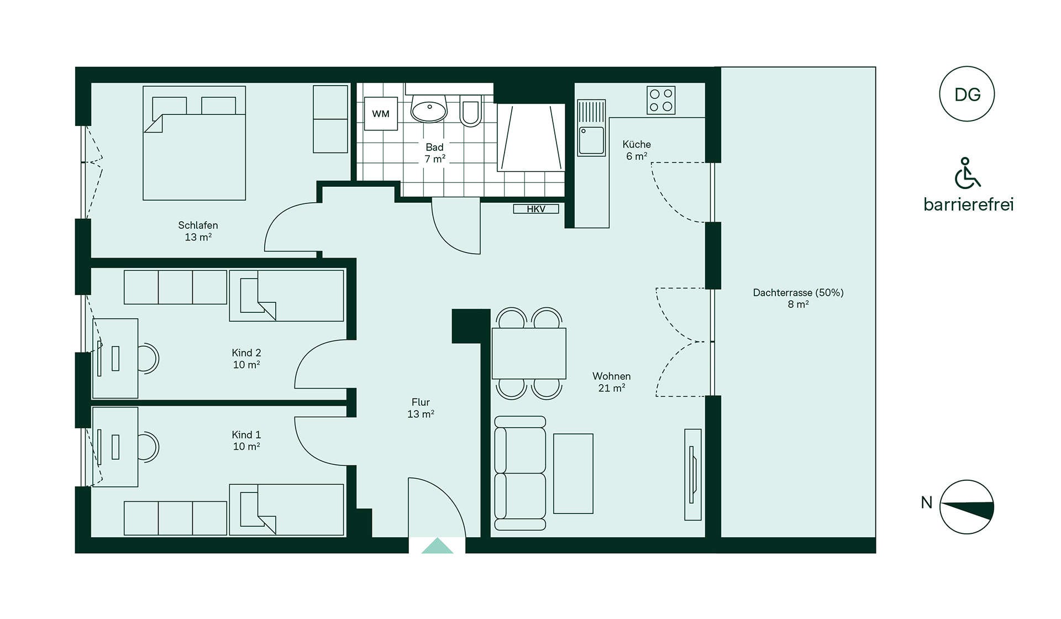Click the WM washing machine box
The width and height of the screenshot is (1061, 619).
click(x=381, y=113)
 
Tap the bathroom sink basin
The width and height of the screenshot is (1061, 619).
click(x=429, y=108)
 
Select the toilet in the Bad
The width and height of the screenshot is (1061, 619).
click(x=470, y=111)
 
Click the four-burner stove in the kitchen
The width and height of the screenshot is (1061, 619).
click(x=661, y=101)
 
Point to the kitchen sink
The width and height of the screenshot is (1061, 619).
click(x=591, y=140)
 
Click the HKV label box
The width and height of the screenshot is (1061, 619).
click(x=536, y=209)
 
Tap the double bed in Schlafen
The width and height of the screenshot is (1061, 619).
click(x=194, y=143)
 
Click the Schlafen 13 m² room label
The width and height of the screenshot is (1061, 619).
click(x=198, y=231)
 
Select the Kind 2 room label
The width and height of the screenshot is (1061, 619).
click(x=246, y=359)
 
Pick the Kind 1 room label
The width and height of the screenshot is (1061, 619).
click(x=246, y=440)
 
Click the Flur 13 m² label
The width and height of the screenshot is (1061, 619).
click(x=421, y=408)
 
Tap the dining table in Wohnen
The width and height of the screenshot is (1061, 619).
click(x=529, y=353)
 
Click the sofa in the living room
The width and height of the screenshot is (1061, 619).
click(x=520, y=473)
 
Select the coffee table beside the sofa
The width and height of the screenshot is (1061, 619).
click(x=573, y=474)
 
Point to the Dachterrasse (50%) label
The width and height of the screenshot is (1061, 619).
click(x=798, y=298)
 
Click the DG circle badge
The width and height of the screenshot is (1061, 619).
click(x=967, y=94)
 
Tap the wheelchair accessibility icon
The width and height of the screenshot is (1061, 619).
click(x=967, y=173)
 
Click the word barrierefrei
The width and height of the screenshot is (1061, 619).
click(x=969, y=204)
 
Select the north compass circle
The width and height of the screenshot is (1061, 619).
click(x=967, y=507)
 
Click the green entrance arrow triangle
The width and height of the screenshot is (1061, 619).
click(x=437, y=547)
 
